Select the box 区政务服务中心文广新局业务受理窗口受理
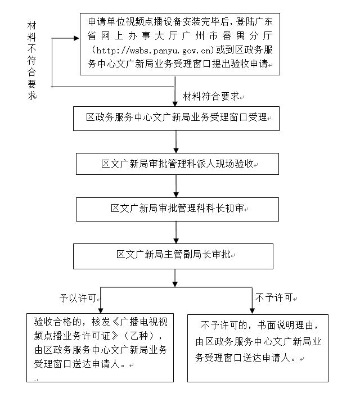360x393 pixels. [177, 118]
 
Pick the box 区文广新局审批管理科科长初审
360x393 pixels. [177, 209]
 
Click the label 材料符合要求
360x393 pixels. [210, 96]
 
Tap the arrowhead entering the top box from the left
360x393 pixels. [77, 39]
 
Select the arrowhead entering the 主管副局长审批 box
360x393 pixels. [177, 240]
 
